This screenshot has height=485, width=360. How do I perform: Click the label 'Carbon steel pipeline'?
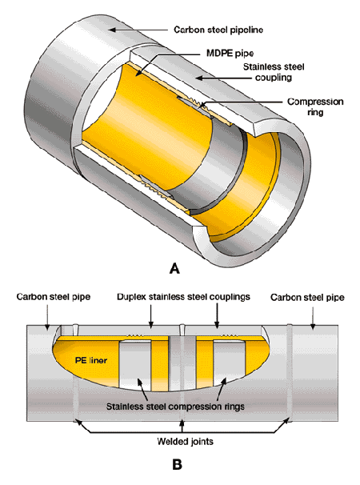[x=218, y=30]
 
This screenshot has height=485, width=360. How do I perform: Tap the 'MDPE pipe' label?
[x=230, y=53]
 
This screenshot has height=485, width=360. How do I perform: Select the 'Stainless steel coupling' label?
[x=274, y=72]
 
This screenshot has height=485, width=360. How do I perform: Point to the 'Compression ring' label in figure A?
[x=315, y=106]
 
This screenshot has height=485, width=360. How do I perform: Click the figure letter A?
[x=174, y=268]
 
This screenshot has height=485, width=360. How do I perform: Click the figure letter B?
[x=177, y=464]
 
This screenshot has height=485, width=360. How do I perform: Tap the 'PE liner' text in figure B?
[x=91, y=360]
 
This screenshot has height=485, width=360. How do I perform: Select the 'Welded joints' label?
[x=185, y=441]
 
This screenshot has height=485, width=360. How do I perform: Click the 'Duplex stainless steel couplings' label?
[x=183, y=297]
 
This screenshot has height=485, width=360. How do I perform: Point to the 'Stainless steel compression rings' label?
[x=175, y=406]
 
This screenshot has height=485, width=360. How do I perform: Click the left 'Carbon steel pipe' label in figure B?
[x=54, y=297]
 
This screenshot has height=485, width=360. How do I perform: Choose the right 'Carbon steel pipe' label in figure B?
[x=307, y=298]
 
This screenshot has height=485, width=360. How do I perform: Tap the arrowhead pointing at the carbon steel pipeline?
[x=112, y=30]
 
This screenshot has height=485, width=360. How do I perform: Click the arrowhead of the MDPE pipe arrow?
[x=138, y=73]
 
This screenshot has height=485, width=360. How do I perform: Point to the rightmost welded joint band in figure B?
[x=290, y=373]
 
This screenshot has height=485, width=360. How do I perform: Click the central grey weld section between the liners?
[x=182, y=363]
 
